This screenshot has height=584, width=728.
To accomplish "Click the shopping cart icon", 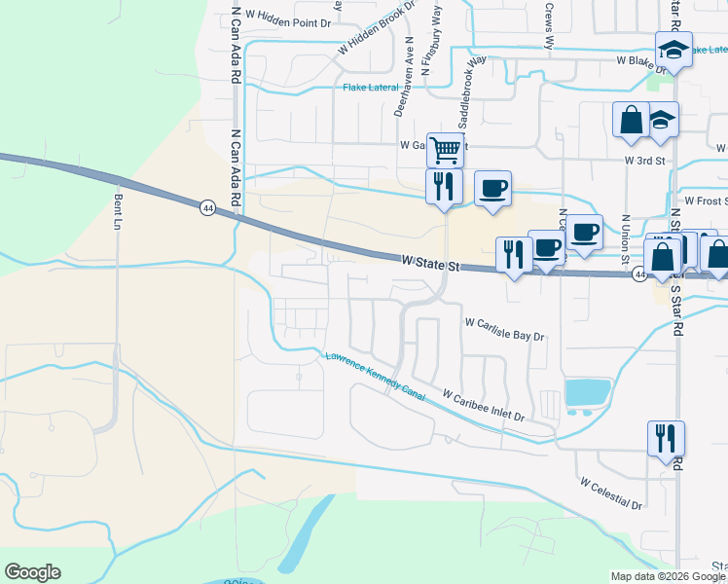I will click(x=444, y=150).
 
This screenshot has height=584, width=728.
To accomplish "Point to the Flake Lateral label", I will click(x=371, y=88).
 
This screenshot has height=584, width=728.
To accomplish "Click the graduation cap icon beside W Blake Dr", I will click(x=673, y=50).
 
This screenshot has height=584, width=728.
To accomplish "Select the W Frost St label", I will click(x=706, y=201).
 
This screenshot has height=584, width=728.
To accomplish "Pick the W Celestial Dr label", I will click(x=611, y=493).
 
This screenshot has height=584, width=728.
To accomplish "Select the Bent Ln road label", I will click(x=118, y=210).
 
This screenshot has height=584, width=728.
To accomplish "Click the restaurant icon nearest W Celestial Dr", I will click(x=666, y=438).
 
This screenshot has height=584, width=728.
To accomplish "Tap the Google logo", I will click(x=32, y=572).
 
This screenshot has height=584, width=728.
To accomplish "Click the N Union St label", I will click(x=625, y=234).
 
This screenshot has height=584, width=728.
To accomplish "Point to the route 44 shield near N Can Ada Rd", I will click(x=207, y=207).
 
